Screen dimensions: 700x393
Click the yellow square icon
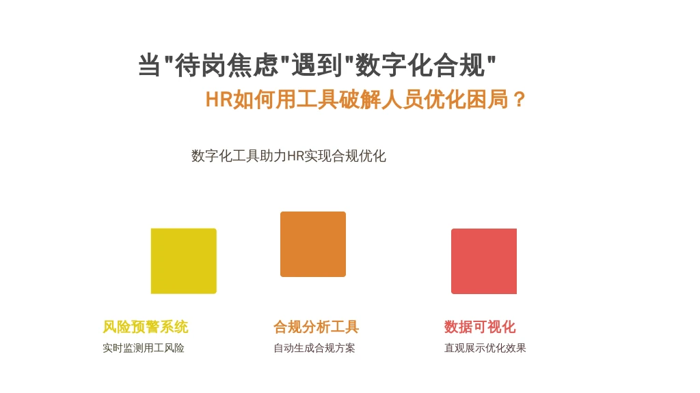(183, 261)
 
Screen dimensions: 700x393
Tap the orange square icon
(313, 244)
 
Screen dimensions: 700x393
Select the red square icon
(484, 261)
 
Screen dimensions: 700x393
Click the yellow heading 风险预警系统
(146, 327)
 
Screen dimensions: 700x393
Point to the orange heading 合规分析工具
(316, 327)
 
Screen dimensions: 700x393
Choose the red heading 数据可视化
(480, 327)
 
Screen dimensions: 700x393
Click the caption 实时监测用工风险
(144, 348)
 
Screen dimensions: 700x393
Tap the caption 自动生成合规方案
(314, 348)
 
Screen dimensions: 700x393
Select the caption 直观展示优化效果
(485, 348)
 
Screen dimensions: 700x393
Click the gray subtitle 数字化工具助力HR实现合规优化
(288, 156)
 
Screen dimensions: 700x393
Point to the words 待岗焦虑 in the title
(227, 65)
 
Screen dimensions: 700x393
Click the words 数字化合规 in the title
(420, 65)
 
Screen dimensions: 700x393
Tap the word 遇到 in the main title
(317, 65)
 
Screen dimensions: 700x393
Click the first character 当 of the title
(149, 65)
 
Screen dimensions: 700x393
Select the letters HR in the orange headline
(219, 99)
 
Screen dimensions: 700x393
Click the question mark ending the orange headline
(520, 99)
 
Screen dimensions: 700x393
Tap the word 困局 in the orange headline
(487, 99)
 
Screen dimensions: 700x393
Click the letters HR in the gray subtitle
(295, 156)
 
